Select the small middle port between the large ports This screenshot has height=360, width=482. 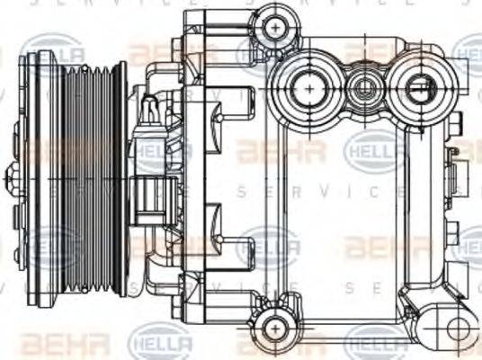tap(365, 88)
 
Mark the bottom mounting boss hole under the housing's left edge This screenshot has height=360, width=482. tap(272, 328)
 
